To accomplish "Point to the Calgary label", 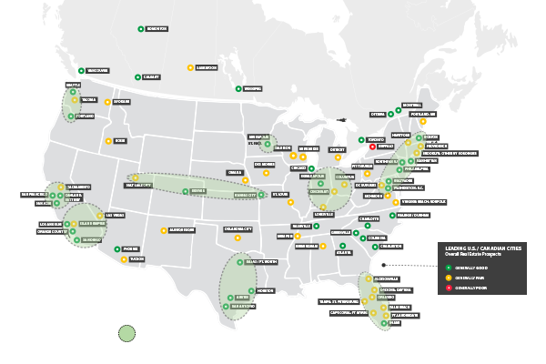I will (150, 78).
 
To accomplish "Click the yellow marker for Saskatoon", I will (189, 67).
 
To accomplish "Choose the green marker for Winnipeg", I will (238, 88).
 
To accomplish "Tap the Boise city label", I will (120, 141).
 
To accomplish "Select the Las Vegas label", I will (116, 215).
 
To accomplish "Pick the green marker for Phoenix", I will (116, 248).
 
